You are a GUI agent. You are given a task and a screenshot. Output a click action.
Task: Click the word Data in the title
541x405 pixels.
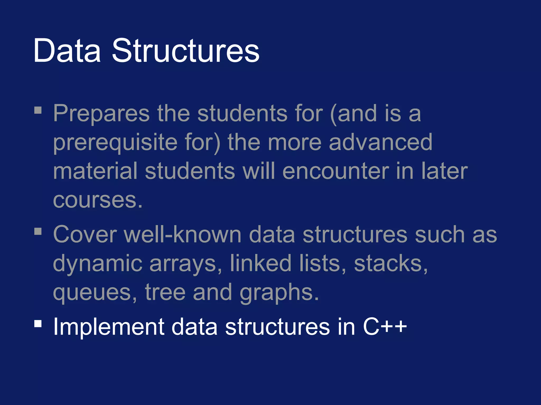coord(67,51)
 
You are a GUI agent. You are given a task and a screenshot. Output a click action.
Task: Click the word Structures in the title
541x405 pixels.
coord(186,51)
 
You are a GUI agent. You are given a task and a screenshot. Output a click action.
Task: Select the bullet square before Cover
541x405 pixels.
coord(38,231)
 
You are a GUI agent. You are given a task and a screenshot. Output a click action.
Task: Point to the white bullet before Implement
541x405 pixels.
coord(38,324)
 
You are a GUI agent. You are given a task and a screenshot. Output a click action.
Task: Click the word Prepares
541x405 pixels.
coord(101,114)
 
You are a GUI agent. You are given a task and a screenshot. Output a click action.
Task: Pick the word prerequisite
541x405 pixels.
coord(115,143)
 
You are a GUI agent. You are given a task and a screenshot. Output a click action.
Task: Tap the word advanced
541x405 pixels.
coord(380,142)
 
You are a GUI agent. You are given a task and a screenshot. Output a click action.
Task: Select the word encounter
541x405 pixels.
coord(335,171)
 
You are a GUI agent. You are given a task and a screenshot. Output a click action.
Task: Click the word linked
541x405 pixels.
coord(260,263)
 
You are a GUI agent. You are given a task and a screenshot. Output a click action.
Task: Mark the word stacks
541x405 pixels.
coord(390,263)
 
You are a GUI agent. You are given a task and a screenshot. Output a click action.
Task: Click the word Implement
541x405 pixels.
coord(109,327)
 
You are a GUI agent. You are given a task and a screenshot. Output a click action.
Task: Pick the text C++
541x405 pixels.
coord(385,327)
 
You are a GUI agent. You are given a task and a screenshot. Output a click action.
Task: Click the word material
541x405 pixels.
coord(95,171)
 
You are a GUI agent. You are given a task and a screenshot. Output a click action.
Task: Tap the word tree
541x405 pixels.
coord(165,292)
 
